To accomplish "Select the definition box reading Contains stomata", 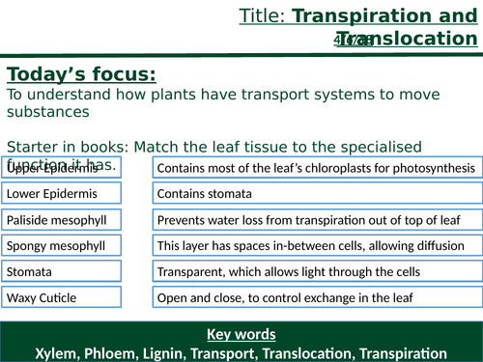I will tap(315, 193).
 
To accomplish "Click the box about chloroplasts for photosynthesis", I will tap(315, 168).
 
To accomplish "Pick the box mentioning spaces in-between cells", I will tap(315, 245).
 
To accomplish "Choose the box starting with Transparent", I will tap(315, 271).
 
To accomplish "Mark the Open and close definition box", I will tap(315, 297).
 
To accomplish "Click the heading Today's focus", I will tap(81, 75).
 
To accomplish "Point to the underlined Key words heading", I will tap(241, 335).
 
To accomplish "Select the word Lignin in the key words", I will tap(156, 351).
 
